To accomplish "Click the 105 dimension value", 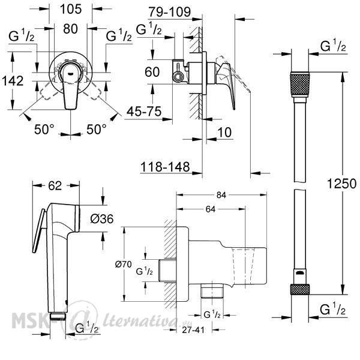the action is tap(71, 10).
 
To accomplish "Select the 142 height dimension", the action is tap(13, 81).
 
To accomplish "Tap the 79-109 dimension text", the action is tap(170, 12).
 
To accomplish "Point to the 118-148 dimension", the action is tap(165, 167).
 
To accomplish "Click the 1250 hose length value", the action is tap(341, 184).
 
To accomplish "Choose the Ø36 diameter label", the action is tap(102, 219).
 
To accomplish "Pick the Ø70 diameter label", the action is tap(124, 265).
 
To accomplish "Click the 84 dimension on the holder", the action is tap(221, 195).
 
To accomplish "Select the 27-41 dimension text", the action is tap(193, 330).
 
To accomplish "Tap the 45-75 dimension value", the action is tap(144, 112).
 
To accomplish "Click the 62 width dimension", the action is tap(55, 185).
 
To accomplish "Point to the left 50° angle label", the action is tap(44, 129).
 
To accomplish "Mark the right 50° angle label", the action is tap(97, 129).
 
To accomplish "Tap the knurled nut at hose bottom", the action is tap(300, 289).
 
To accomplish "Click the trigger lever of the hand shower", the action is tap(38, 231).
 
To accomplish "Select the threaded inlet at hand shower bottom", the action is tap(58, 316).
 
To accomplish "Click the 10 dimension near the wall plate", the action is tap(224, 133).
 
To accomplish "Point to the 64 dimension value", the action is tap(211, 209).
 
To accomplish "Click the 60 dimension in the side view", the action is tap(152, 72).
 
